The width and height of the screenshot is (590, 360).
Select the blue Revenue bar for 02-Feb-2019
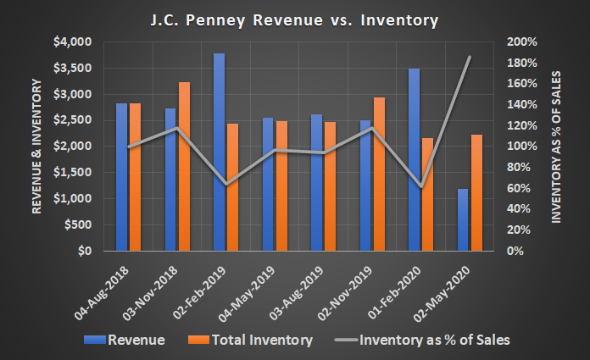219,152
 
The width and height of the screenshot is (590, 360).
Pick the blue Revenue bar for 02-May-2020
463,220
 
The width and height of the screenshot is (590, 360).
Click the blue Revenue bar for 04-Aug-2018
121,177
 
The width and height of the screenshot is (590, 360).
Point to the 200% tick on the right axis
522,42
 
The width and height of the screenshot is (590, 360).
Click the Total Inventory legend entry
253,341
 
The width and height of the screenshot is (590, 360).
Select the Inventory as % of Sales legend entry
422,341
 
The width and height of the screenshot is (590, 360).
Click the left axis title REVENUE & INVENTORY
37,147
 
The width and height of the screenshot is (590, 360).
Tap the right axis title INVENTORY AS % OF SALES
557,147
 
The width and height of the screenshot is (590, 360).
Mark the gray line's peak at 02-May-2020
470,57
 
